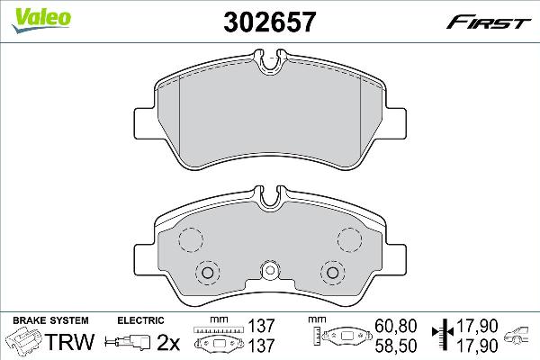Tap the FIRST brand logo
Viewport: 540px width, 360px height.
coord(497,18)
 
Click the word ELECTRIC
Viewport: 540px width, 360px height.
coord(141,320)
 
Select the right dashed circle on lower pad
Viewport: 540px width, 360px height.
coord(349,238)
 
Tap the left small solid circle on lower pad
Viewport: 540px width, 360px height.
coord(208,272)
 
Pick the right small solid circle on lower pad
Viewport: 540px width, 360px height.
coord(332,272)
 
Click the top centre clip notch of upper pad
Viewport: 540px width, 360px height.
coord(270,64)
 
